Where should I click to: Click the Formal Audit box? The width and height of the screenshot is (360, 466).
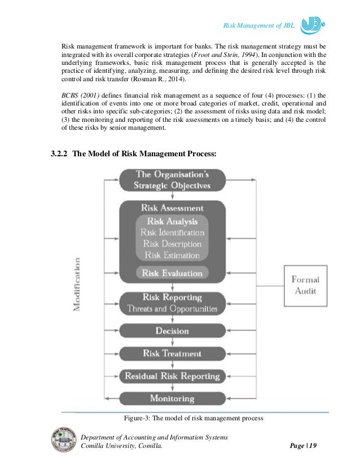(x=304, y=285)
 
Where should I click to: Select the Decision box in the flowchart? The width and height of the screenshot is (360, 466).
(x=172, y=331)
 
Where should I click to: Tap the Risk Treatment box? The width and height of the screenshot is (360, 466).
(x=172, y=354)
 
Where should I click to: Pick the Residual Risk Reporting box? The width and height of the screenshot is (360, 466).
(x=172, y=376)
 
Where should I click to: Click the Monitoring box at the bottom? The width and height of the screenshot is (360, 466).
(x=172, y=398)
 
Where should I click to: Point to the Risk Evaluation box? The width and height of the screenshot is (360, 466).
(x=172, y=273)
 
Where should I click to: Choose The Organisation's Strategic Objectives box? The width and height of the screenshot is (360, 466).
(x=172, y=180)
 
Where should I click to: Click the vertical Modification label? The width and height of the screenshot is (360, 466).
(x=76, y=284)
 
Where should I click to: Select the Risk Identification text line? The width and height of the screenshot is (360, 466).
(x=172, y=232)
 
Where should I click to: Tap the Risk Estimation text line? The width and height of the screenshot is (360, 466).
(x=172, y=255)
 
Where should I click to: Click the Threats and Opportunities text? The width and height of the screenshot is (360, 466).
(x=172, y=309)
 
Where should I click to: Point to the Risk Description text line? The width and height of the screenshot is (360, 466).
(x=172, y=244)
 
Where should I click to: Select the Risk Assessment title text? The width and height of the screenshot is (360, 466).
(x=172, y=208)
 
